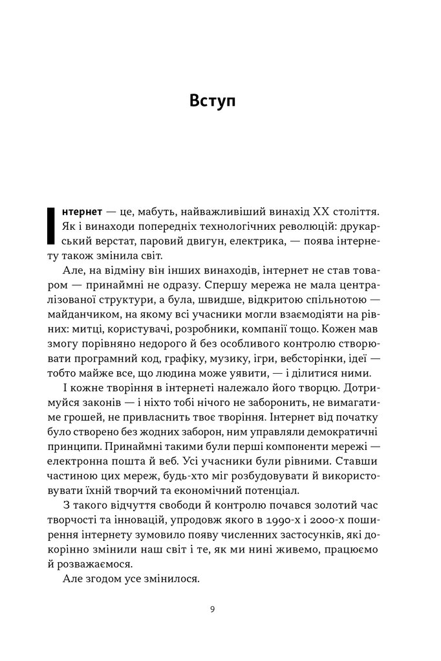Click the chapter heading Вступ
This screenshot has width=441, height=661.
click(x=213, y=101)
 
